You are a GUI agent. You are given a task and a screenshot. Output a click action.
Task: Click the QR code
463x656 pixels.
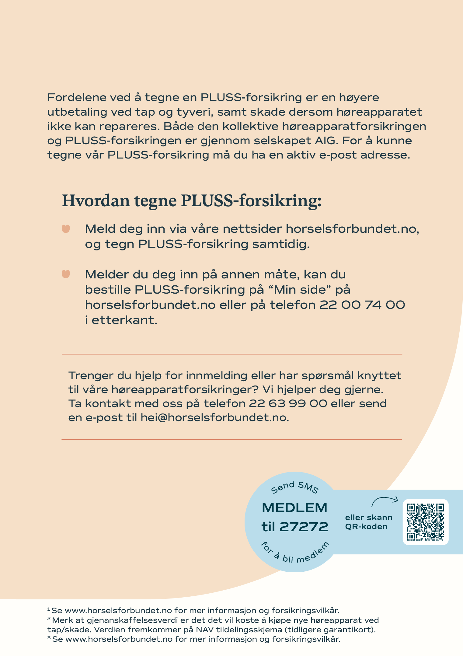point(425,522)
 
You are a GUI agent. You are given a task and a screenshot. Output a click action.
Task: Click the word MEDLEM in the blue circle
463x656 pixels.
point(294,508)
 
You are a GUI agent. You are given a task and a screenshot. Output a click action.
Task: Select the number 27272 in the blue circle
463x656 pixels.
point(304,527)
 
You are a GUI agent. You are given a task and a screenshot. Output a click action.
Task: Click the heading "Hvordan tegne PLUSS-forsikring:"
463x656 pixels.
point(192,201)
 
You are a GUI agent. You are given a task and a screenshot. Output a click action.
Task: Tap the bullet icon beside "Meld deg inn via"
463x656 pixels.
point(66,229)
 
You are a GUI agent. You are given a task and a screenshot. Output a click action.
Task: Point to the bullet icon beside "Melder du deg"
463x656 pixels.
point(66,274)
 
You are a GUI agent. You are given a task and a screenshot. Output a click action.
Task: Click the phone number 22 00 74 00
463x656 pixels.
point(362,305)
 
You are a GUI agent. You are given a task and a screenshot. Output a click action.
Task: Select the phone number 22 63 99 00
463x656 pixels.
point(288,403)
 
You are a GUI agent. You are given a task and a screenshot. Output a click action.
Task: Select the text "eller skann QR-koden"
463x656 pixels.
point(368,522)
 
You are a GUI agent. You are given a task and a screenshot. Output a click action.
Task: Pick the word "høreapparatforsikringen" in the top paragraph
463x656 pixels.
point(354,126)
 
